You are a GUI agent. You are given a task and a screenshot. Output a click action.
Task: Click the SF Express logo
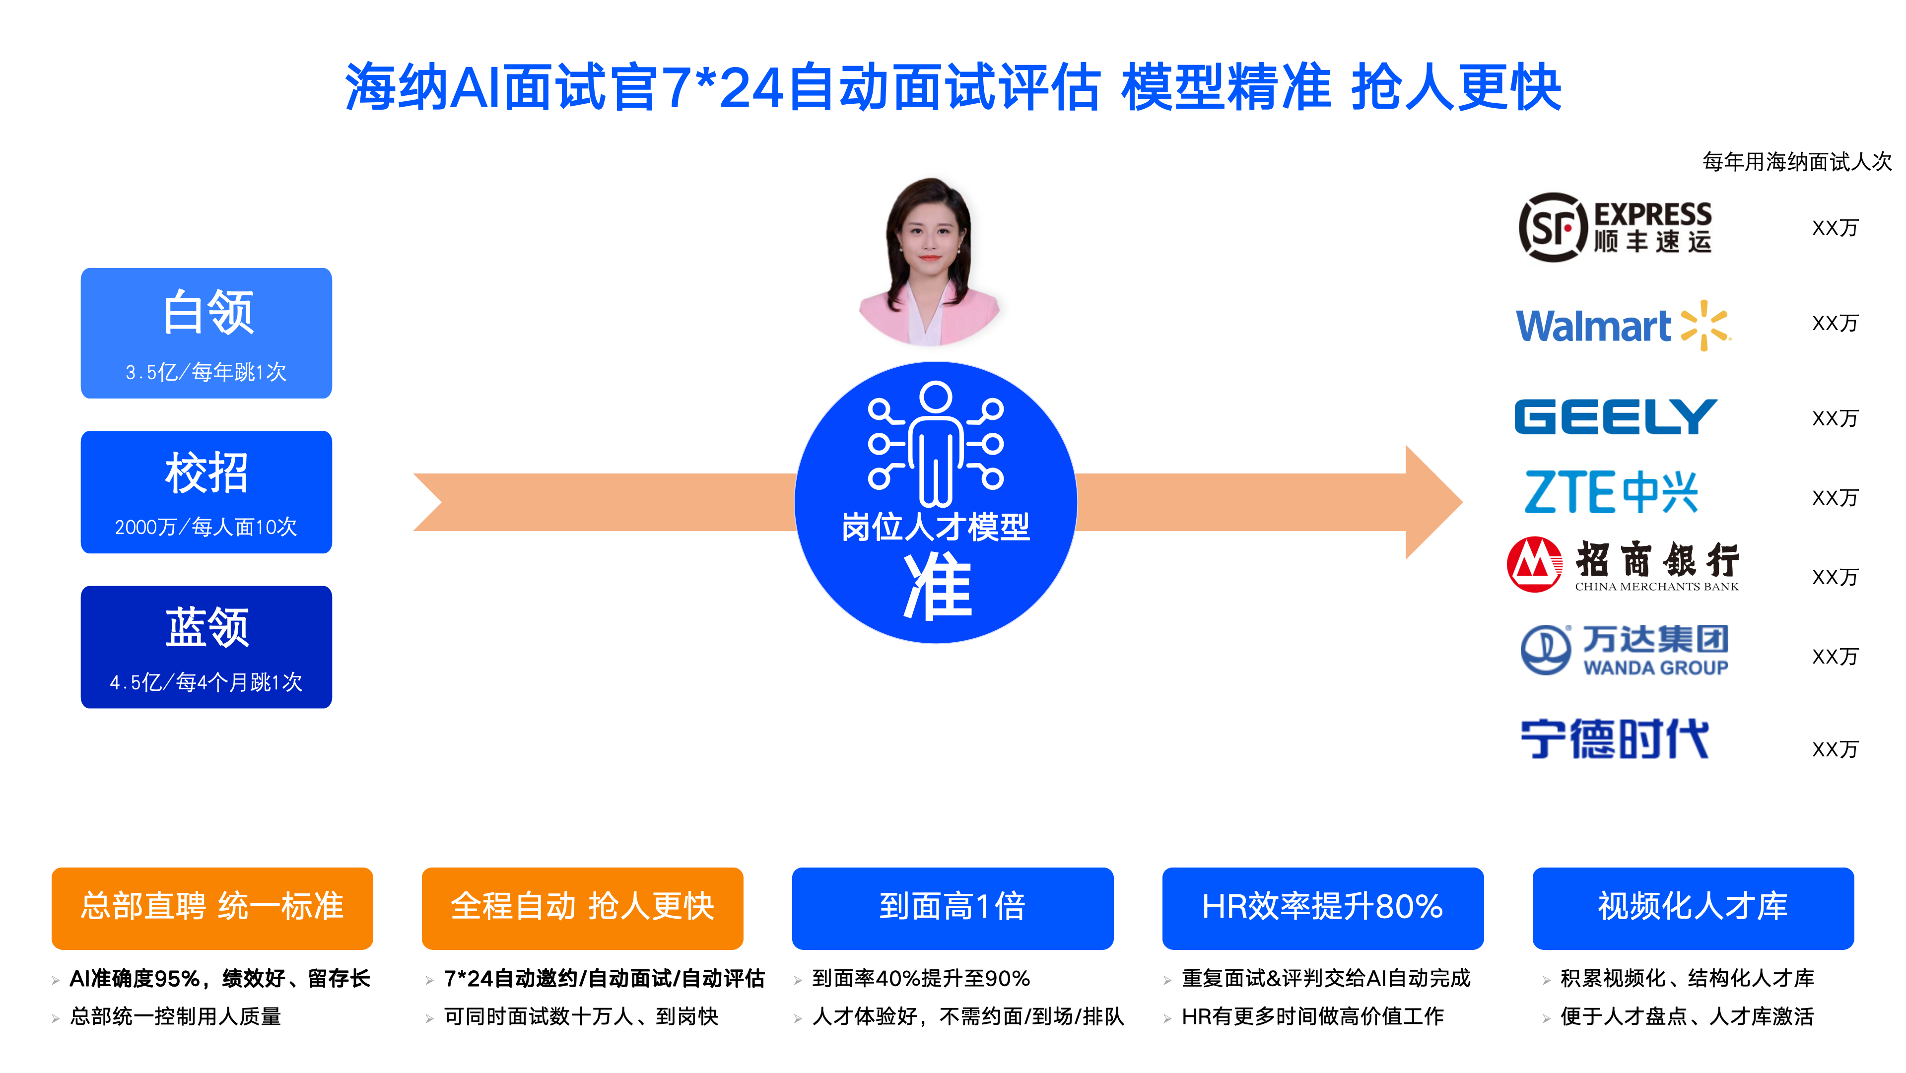1615,227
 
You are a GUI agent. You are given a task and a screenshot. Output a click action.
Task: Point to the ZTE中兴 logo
1611,492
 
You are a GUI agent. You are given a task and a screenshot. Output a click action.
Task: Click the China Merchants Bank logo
1623,565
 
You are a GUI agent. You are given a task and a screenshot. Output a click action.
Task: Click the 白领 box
206,333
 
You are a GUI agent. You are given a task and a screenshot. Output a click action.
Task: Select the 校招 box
206,492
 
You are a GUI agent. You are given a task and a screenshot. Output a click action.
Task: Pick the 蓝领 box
206,647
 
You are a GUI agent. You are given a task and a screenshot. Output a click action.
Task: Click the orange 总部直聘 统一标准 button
212,908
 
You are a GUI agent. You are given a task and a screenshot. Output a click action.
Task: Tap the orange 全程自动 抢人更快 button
582,908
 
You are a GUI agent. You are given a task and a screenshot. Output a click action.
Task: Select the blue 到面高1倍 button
953,908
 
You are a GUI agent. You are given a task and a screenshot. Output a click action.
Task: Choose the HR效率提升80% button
1323,908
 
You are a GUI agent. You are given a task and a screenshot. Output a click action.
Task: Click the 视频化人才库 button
1693,908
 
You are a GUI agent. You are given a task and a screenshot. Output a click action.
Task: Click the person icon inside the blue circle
936,444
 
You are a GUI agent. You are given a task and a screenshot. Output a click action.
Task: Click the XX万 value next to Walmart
1835,324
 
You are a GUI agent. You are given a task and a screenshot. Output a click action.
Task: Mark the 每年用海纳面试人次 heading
1796,161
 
